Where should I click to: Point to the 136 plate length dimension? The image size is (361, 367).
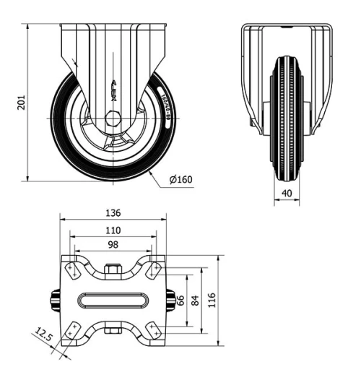point(112,213)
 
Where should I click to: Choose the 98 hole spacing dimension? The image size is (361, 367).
point(112,246)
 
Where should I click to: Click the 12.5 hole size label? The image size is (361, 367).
point(45,336)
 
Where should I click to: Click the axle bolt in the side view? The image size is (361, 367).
point(112,118)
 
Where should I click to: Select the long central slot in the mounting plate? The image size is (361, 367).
point(112,298)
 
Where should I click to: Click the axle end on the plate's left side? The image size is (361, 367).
point(54,298)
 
